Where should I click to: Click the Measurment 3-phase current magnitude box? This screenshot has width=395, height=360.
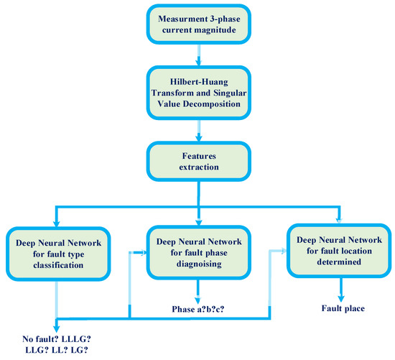click(197, 25)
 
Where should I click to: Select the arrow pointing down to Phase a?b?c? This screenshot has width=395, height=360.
click(199, 292)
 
